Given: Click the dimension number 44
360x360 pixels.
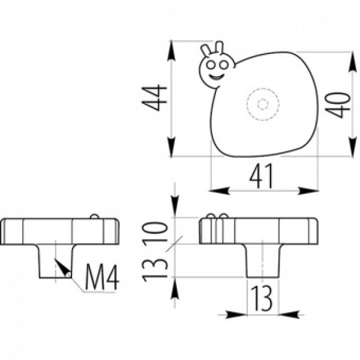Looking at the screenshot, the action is point(154,98).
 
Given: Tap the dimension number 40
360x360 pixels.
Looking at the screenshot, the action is point(338,105).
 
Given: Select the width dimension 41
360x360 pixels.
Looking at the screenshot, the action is point(262,175).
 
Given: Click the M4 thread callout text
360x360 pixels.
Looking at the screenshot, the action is point(102,277).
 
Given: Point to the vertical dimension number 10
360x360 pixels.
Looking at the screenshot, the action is point(154,231).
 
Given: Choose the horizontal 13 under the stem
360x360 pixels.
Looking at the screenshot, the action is point(261,298).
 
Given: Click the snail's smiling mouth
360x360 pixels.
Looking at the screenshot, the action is point(216,76).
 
